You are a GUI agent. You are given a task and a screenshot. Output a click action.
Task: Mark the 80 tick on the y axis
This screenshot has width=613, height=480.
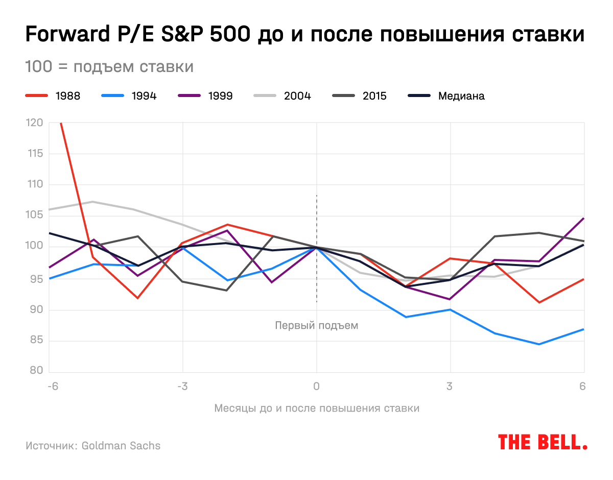(x=36, y=372)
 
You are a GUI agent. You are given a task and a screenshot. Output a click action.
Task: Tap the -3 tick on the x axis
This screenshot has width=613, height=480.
(x=182, y=386)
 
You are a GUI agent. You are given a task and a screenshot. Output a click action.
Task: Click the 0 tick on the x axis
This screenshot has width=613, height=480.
(x=317, y=386)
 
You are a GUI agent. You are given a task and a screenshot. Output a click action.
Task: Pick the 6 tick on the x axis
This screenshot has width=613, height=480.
(x=582, y=386)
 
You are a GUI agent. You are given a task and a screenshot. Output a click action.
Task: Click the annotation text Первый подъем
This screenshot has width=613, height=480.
(x=317, y=325)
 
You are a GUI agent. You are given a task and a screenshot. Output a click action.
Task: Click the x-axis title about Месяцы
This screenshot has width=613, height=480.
(x=317, y=409)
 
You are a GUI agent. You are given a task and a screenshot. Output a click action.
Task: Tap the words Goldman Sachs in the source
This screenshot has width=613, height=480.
(x=121, y=446)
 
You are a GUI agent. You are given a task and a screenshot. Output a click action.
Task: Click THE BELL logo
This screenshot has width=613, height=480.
(x=543, y=442)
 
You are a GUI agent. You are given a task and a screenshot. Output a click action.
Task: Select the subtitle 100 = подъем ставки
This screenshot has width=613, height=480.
(x=109, y=67)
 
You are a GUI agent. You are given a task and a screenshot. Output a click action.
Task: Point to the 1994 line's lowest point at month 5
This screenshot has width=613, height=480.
(x=539, y=344)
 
